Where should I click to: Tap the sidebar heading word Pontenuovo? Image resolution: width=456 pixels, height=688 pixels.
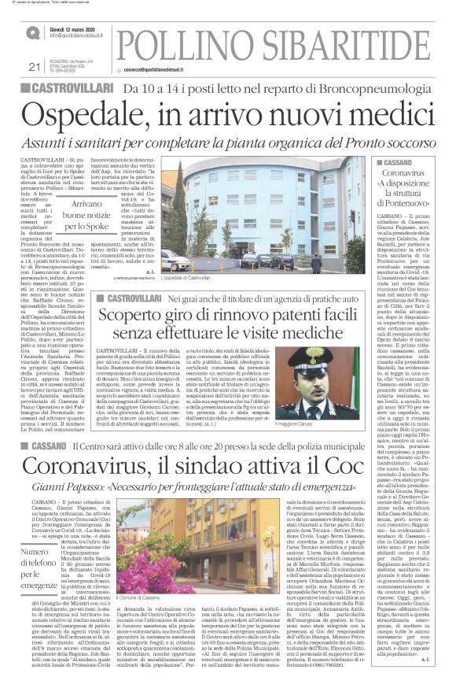pos(409,202)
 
